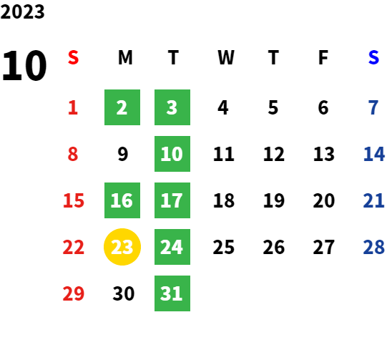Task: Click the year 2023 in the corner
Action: (x=22, y=11)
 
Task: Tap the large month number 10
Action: (x=24, y=65)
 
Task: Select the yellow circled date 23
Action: (x=122, y=247)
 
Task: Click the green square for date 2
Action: (x=122, y=107)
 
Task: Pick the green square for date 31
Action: (x=172, y=293)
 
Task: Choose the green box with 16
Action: (x=122, y=200)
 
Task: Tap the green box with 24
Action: (x=172, y=247)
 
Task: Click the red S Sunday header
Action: (x=73, y=57)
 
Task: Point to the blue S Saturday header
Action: (x=373, y=57)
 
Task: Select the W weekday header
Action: (x=226, y=57)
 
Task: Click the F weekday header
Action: (x=323, y=57)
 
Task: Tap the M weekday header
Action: (x=125, y=57)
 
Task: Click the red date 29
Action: (x=74, y=293)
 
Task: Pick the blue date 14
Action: (x=373, y=154)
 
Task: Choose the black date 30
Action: (x=124, y=293)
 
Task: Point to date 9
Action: (x=123, y=154)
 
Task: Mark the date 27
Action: (x=324, y=247)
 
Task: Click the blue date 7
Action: (x=373, y=107)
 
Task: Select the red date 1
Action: (x=73, y=107)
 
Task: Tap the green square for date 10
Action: (x=172, y=154)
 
